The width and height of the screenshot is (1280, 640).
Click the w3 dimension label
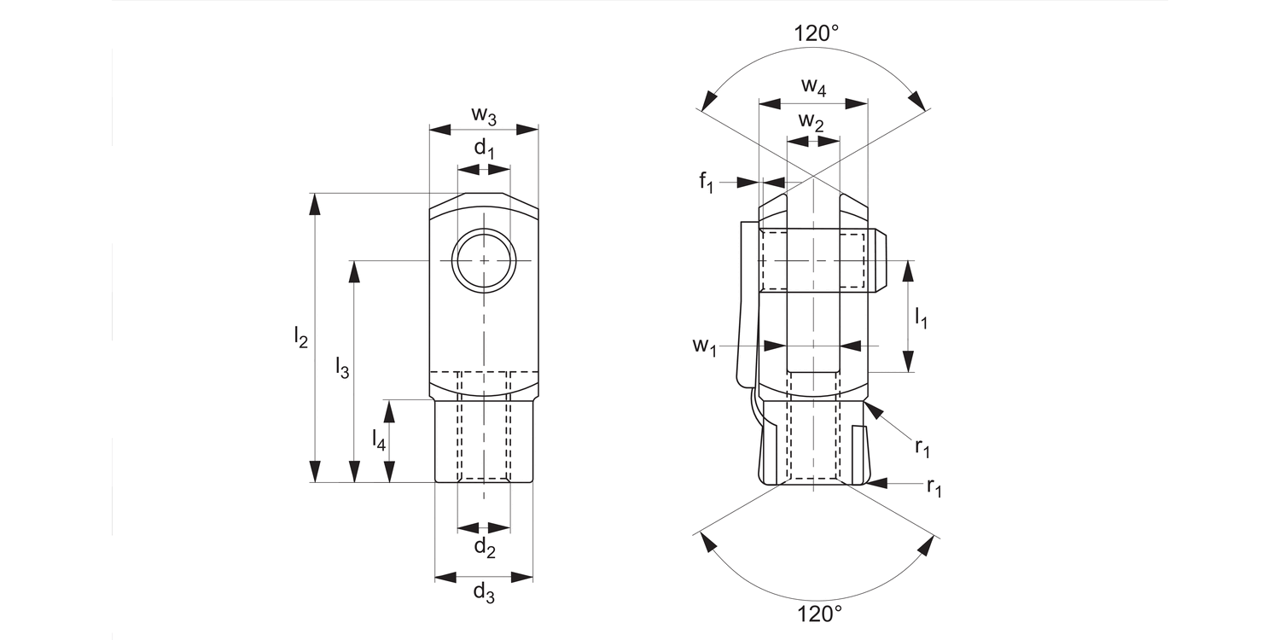click(484, 114)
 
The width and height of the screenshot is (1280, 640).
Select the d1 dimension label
click(484, 148)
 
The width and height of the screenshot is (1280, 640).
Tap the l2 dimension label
click(300, 338)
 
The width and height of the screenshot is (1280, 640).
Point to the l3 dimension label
click(341, 369)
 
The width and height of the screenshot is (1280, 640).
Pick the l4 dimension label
click(379, 439)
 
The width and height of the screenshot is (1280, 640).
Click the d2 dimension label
click(485, 547)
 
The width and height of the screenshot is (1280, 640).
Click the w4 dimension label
click(813, 86)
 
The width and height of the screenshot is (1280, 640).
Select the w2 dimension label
click(812, 122)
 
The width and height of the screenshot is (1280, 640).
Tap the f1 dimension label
click(706, 182)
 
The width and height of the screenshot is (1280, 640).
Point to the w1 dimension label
click(704, 346)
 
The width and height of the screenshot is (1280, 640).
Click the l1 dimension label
click(922, 318)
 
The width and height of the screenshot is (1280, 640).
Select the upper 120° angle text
click(817, 34)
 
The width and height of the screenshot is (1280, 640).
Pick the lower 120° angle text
click(819, 613)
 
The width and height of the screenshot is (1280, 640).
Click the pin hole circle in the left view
click(484, 260)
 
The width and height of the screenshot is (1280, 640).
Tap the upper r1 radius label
click(923, 445)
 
